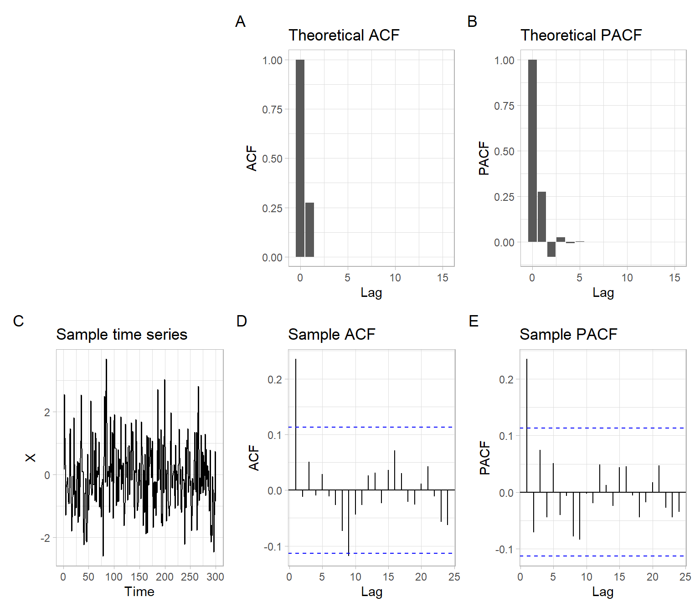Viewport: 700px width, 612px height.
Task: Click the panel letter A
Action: pos(240,21)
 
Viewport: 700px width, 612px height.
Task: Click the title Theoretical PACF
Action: pos(581,35)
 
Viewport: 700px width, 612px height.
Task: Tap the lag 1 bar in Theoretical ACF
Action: pos(309,229)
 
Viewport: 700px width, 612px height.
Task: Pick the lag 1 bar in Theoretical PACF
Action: pos(541,217)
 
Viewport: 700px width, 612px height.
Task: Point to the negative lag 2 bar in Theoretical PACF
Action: pos(551,249)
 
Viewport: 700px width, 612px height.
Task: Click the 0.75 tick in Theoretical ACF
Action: pos(272,109)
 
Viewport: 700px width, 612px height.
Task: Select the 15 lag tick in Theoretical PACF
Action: pos(674,278)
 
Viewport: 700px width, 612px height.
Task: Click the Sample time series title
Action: pos(122,334)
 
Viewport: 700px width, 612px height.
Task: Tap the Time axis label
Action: pos(139,592)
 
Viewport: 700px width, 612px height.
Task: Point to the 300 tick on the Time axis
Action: pos(215,577)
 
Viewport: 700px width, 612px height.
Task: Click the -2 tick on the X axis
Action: pos(46,538)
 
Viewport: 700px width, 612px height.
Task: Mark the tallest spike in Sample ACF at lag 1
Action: pos(296,423)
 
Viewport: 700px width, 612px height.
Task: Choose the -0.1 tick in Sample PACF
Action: pos(504,550)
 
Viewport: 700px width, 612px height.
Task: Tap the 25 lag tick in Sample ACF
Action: pos(454,577)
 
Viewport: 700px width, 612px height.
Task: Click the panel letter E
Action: pos(474,321)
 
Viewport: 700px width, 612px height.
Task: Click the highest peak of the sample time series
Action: pos(106,360)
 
